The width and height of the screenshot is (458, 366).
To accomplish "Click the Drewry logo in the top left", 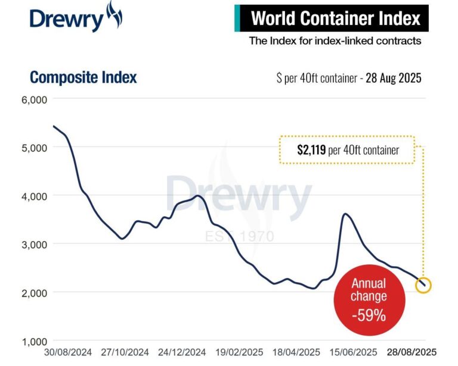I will pos(75,17).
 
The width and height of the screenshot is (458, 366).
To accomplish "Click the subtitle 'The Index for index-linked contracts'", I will pos(335,41).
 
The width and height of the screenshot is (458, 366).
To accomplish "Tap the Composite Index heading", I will pos(83,77).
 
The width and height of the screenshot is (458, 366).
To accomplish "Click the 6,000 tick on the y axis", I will pos(35,99).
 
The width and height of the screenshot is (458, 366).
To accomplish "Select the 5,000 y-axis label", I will pos(35,148).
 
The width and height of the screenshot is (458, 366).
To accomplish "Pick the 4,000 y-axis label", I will pos(35,196).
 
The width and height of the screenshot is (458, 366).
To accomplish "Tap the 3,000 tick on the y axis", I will pos(35,244).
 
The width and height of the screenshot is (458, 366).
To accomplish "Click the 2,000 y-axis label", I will pos(35,293).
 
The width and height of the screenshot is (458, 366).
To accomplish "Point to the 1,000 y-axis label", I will pos(35,342).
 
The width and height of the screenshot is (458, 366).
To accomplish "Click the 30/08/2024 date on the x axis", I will pos(69,352).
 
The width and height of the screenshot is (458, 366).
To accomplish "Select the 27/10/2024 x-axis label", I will pos(125,352).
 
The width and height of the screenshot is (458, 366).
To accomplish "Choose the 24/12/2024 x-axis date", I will pos(182,352).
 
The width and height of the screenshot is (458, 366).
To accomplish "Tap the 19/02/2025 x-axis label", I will pos(239,352).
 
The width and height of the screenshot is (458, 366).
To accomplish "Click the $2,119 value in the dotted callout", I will pos(311,150).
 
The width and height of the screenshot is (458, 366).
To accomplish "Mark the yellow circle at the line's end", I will pos(423,286).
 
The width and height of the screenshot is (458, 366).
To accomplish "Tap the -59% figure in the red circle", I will pos(369,315).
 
